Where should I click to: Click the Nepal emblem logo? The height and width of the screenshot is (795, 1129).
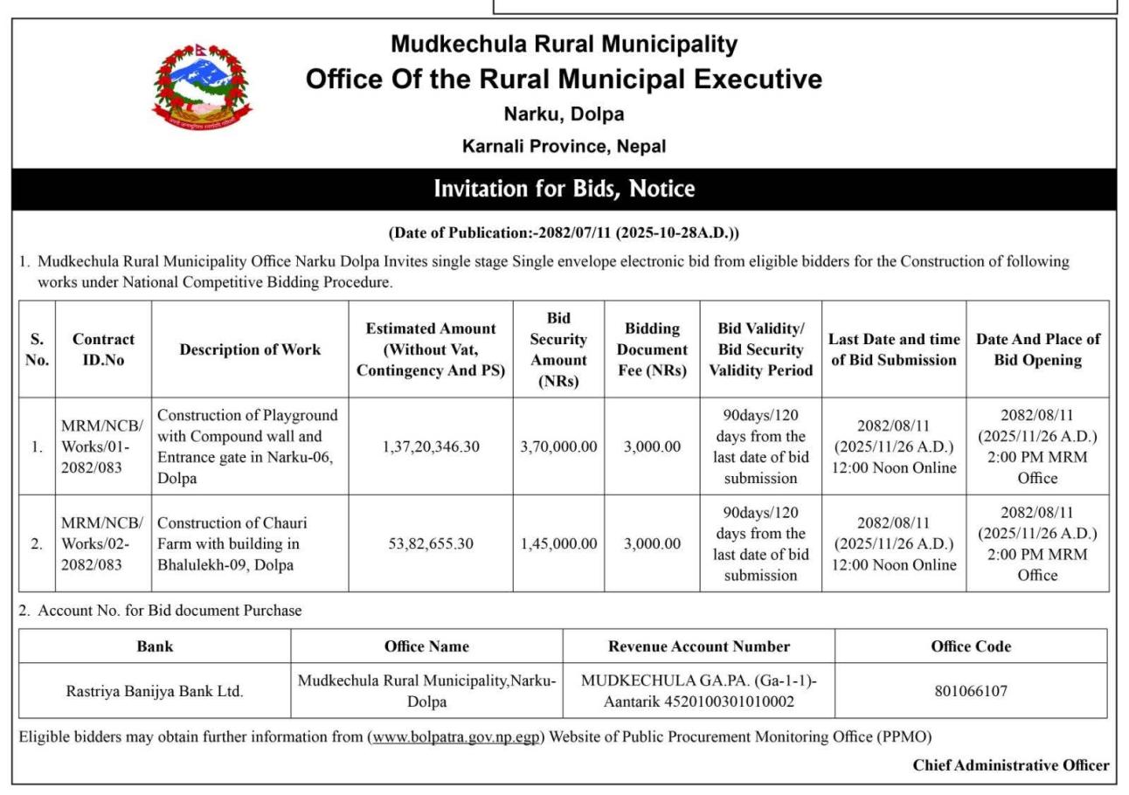click(x=201, y=85)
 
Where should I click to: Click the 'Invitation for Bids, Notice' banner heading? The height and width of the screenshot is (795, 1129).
click(x=564, y=189)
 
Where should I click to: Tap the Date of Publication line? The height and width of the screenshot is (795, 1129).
click(x=564, y=233)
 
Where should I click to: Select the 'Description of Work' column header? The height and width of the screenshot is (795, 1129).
click(x=250, y=349)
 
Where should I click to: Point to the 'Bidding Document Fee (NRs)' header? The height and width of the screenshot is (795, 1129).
click(x=652, y=349)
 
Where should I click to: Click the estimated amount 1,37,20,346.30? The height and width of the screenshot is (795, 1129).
click(x=431, y=446)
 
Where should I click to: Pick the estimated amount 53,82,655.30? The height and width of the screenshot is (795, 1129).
click(x=431, y=543)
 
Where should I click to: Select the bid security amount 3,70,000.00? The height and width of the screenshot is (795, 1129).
click(x=558, y=446)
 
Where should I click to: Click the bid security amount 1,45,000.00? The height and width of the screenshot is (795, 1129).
click(x=558, y=543)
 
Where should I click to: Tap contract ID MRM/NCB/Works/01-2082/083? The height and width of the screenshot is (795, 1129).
click(x=102, y=446)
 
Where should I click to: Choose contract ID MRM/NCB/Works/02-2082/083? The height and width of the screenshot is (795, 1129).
click(x=102, y=543)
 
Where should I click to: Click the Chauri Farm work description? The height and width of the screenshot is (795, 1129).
click(x=232, y=543)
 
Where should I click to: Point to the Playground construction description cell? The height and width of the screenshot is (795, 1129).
click(x=248, y=446)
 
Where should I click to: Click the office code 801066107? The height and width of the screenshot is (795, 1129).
click(x=970, y=691)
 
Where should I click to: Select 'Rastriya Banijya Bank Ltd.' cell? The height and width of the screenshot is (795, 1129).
click(x=155, y=691)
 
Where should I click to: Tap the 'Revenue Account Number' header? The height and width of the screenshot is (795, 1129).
click(x=698, y=646)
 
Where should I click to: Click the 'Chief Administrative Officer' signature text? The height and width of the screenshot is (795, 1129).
click(x=1010, y=765)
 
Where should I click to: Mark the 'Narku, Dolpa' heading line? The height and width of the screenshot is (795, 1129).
click(x=564, y=114)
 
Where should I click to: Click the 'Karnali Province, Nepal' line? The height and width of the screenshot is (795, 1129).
click(x=564, y=146)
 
